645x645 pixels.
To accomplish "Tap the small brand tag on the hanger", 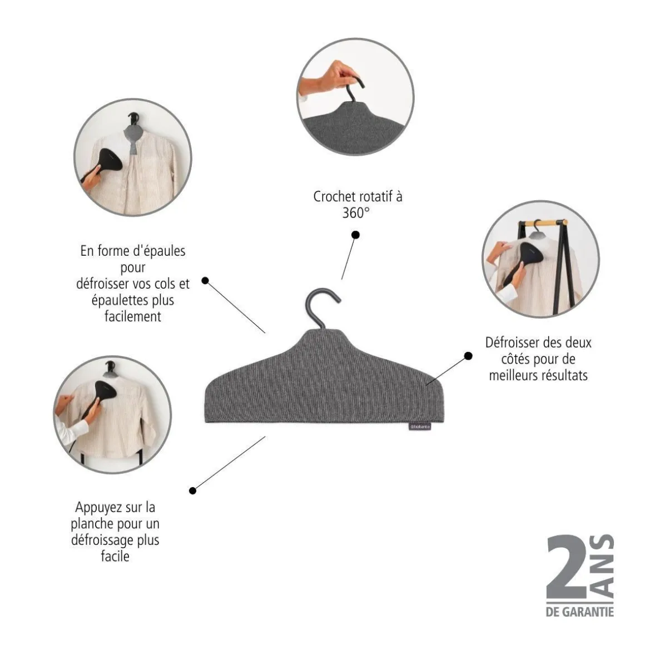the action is pos(420,426).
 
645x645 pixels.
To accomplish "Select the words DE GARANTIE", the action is pos(579,612).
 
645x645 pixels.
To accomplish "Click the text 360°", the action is pos(356,212).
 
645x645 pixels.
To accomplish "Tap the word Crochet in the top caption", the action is pos(334,197).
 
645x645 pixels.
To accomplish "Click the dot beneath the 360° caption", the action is pos(356,235).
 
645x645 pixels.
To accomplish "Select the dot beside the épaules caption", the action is pos(205,281).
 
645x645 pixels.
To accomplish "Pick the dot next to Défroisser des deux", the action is pos(468,356).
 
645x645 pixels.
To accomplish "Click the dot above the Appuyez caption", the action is pos(192,490).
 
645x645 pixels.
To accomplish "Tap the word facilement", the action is pos(133,316).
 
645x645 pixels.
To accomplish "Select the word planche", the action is pos(92,524).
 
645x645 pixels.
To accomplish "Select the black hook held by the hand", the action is pos(354,87).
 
